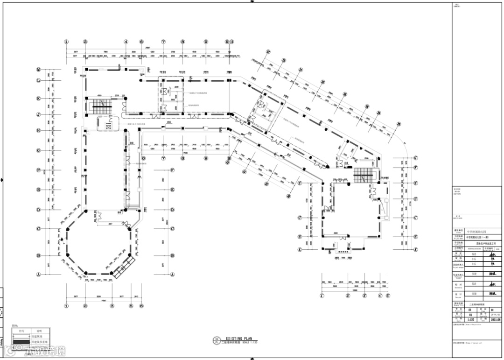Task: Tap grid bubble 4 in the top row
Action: point(126,42)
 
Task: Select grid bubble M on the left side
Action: point(39,70)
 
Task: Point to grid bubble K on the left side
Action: point(39,99)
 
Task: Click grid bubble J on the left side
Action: point(39,114)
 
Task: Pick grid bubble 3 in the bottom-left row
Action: point(112,306)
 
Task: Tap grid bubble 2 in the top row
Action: point(85,42)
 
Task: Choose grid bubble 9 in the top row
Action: point(205,42)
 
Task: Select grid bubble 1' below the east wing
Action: point(322,296)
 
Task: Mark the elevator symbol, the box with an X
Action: point(108,126)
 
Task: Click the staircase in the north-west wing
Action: point(101,104)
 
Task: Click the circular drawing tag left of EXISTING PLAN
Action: point(216,340)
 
